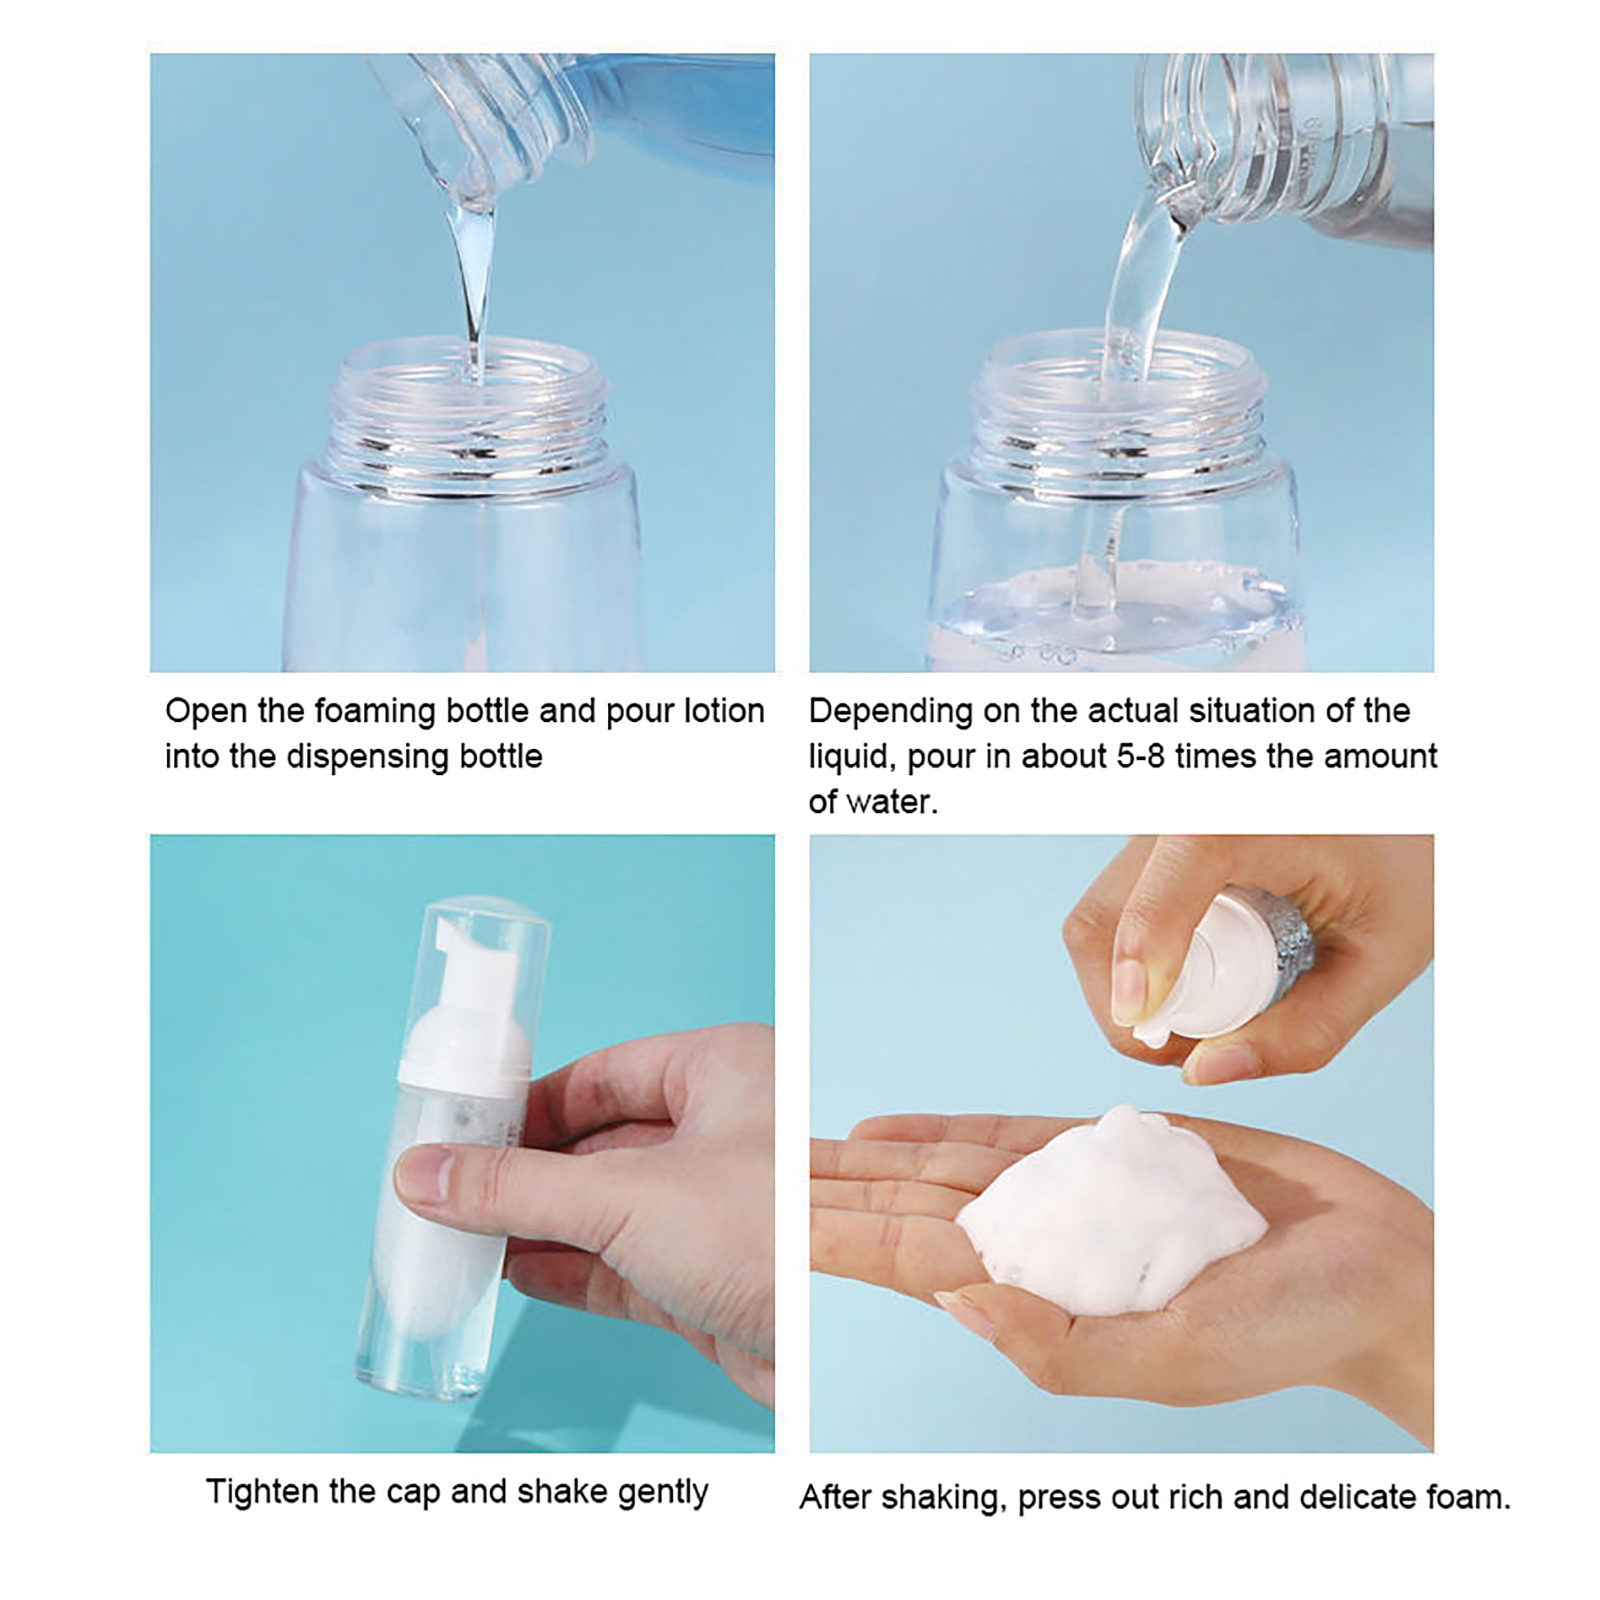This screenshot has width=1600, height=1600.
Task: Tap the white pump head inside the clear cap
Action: [x=465, y=1025]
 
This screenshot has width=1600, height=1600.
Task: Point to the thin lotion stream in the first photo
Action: [x=473, y=290]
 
